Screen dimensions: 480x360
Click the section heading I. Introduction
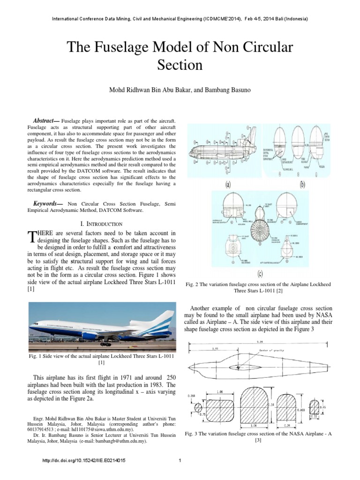coord(100,224)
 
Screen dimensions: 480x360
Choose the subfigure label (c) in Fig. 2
coord(260,273)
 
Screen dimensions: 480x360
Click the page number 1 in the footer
coord(180,461)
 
